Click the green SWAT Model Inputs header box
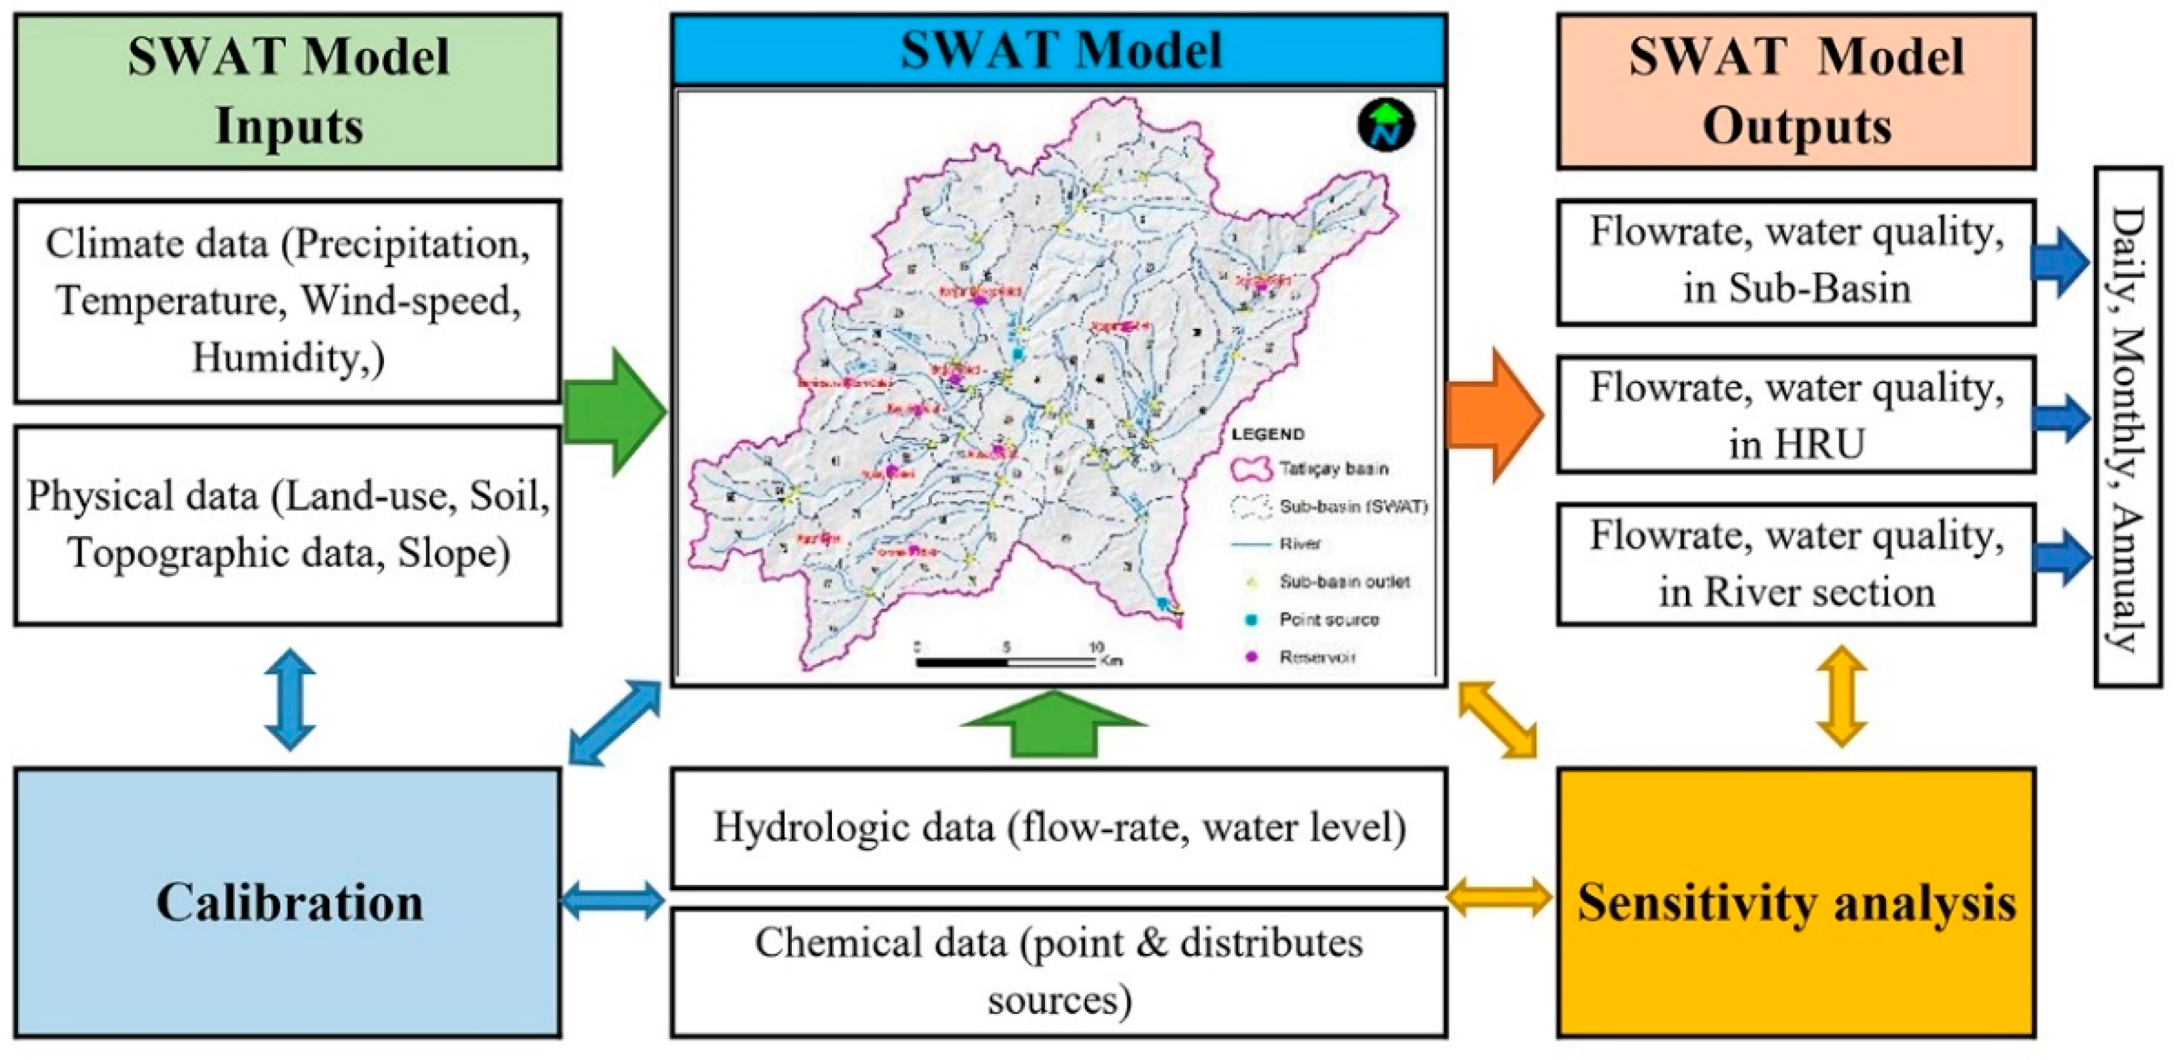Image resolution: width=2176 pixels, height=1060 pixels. [x=287, y=92]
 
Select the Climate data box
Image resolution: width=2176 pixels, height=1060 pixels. [x=287, y=300]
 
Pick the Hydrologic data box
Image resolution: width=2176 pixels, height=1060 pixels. [x=1059, y=827]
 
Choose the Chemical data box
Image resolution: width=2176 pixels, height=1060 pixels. [x=1059, y=971]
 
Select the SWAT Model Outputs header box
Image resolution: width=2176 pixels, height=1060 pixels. [x=1796, y=92]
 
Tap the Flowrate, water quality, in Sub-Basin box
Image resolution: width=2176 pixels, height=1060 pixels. [x=1796, y=261]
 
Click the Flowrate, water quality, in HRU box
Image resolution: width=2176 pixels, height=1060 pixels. [x=1796, y=415]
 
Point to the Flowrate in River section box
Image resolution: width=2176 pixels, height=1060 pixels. [x=1796, y=564]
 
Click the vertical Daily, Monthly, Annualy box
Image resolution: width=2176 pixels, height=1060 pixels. [x=2127, y=427]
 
